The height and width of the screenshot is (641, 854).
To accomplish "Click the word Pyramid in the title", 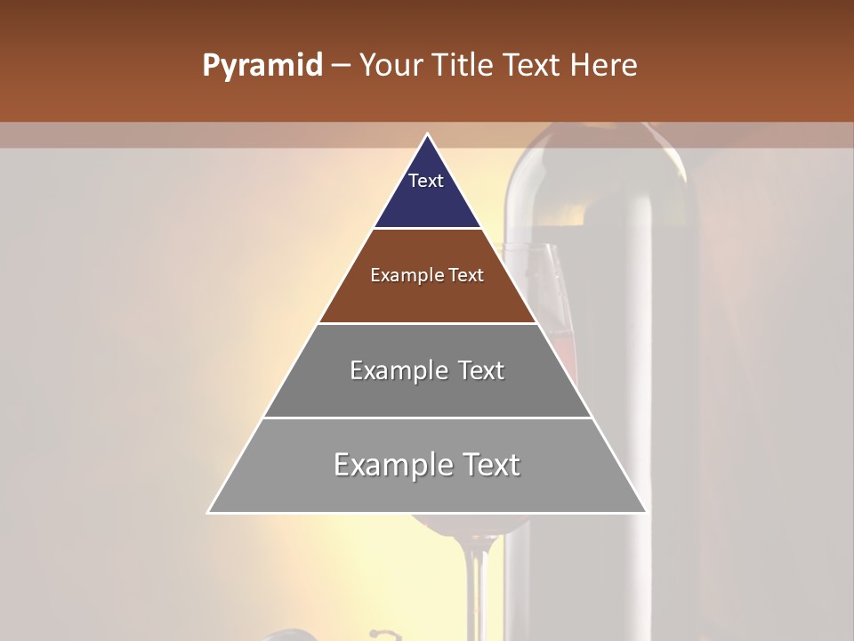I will point(262,66).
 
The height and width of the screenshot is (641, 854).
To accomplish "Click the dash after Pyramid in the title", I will point(341,66).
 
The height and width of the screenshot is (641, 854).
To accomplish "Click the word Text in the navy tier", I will point(426,181).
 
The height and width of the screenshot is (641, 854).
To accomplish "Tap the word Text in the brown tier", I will point(466,276).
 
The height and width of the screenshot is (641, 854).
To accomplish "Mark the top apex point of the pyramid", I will point(427,134).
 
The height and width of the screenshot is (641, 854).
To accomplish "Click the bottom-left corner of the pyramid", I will point(208,513).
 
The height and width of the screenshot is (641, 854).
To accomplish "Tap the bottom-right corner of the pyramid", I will point(646,513).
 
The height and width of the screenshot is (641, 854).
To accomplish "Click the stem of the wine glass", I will point(478,579).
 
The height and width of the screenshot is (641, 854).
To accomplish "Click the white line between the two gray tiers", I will point(427,418).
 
